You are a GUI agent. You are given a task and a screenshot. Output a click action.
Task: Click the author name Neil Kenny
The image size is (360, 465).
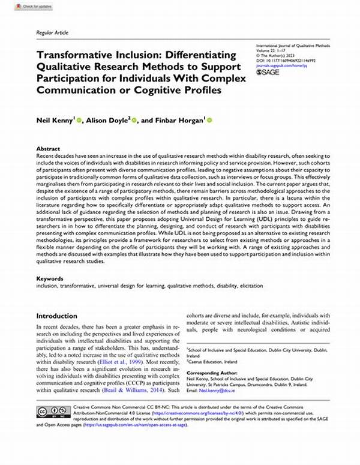coord(55,120)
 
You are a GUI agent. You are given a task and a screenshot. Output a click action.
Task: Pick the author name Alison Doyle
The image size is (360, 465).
coord(106,120)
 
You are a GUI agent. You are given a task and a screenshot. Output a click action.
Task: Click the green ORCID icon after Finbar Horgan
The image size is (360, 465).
coord(210,121)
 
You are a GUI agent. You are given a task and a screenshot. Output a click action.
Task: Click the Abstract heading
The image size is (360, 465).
coord(48,148)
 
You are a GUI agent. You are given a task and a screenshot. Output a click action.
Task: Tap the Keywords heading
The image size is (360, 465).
coord(50,279)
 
